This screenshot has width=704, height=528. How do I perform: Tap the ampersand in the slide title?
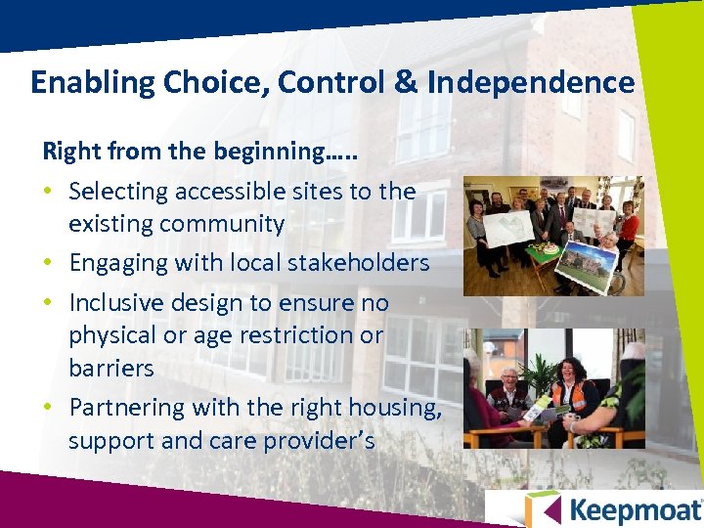coord(406,83)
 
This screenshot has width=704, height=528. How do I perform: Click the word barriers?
coord(111,369)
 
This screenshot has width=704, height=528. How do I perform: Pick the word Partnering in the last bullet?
coord(127,408)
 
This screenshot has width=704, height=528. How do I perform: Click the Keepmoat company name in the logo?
coord(635,510)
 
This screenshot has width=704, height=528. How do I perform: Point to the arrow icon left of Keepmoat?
coord(542,509)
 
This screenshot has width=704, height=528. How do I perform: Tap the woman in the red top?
coord(629,225)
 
